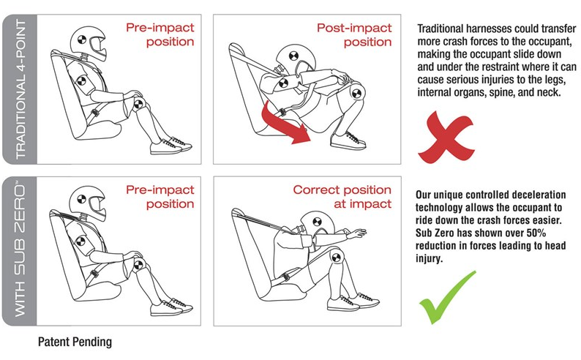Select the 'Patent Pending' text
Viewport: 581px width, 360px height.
(75, 342)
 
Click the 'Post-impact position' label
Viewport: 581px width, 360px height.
(354, 35)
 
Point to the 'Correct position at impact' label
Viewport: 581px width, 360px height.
(342, 197)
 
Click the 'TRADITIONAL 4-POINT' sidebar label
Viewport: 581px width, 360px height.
(20, 89)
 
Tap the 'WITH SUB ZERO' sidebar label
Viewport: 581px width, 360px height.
(20, 250)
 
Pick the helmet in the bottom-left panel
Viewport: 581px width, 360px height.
(89, 202)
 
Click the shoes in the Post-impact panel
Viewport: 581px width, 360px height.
(348, 140)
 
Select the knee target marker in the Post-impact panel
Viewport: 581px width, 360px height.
(356, 93)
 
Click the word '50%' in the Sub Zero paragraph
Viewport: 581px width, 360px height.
(536, 233)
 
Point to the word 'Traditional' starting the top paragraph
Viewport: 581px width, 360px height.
(441, 29)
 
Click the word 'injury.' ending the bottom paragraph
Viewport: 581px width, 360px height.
(429, 258)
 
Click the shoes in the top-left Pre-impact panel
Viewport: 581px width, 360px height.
(170, 146)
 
